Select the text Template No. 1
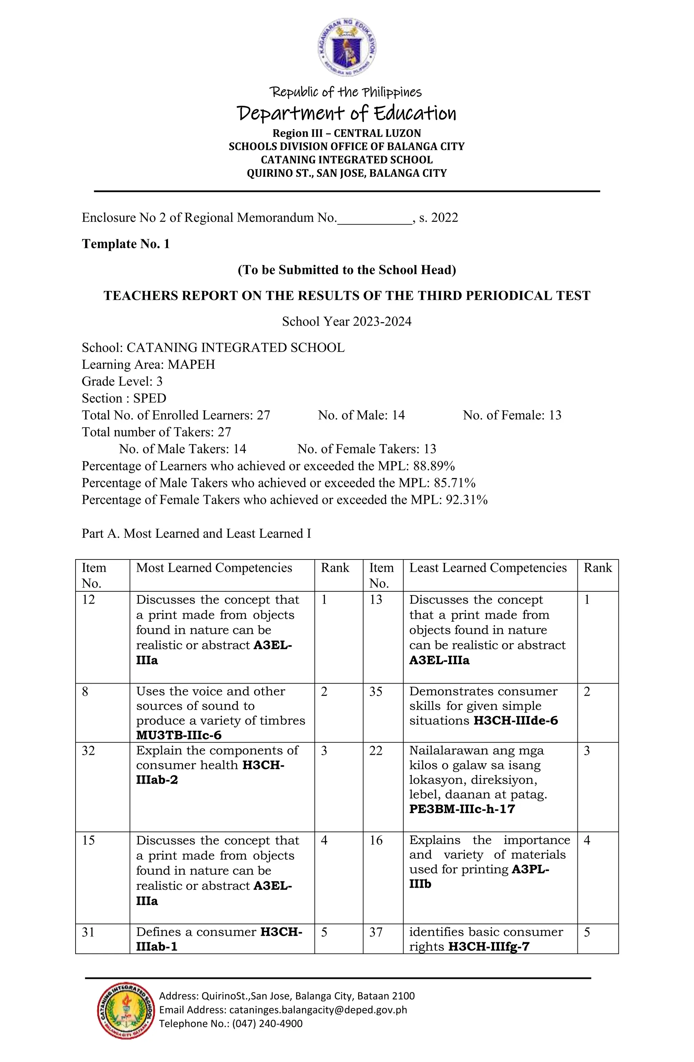pyautogui.click(x=126, y=244)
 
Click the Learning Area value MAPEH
pyautogui.click(x=191, y=365)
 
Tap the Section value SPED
pyautogui.click(x=150, y=398)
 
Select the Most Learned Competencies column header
pyautogui.click(x=214, y=568)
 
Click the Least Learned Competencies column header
pyautogui.click(x=488, y=568)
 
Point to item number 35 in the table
pyautogui.click(x=376, y=692)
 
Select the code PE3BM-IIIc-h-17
pyautogui.click(x=462, y=809)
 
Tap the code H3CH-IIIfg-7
pyautogui.click(x=489, y=947)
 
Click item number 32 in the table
pyautogui.click(x=88, y=751)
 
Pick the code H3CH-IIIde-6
pyautogui.click(x=516, y=721)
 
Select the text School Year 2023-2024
pyautogui.click(x=347, y=322)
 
